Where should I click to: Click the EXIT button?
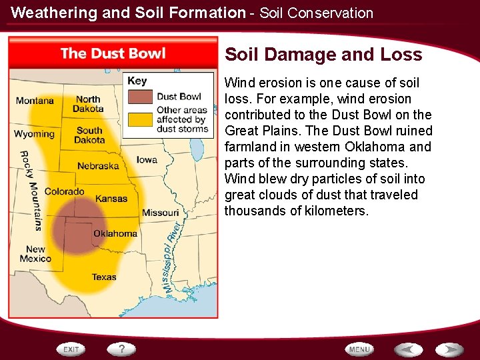click(x=71, y=349)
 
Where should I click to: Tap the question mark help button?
click(x=122, y=349)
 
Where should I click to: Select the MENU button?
click(x=359, y=349)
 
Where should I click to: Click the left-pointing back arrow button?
click(x=407, y=349)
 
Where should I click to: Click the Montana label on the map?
click(x=35, y=101)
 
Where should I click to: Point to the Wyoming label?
click(x=34, y=134)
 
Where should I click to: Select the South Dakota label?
click(x=89, y=135)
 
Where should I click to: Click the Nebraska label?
click(x=98, y=166)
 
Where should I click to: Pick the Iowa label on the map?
click(x=147, y=159)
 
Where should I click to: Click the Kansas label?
click(x=111, y=199)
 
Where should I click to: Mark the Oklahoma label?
click(x=115, y=233)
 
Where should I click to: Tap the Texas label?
click(x=104, y=277)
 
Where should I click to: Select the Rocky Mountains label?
click(x=31, y=191)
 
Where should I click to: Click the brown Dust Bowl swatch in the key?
click(x=141, y=97)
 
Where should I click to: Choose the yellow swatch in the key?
click(x=141, y=119)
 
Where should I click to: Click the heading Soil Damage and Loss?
click(x=323, y=55)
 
